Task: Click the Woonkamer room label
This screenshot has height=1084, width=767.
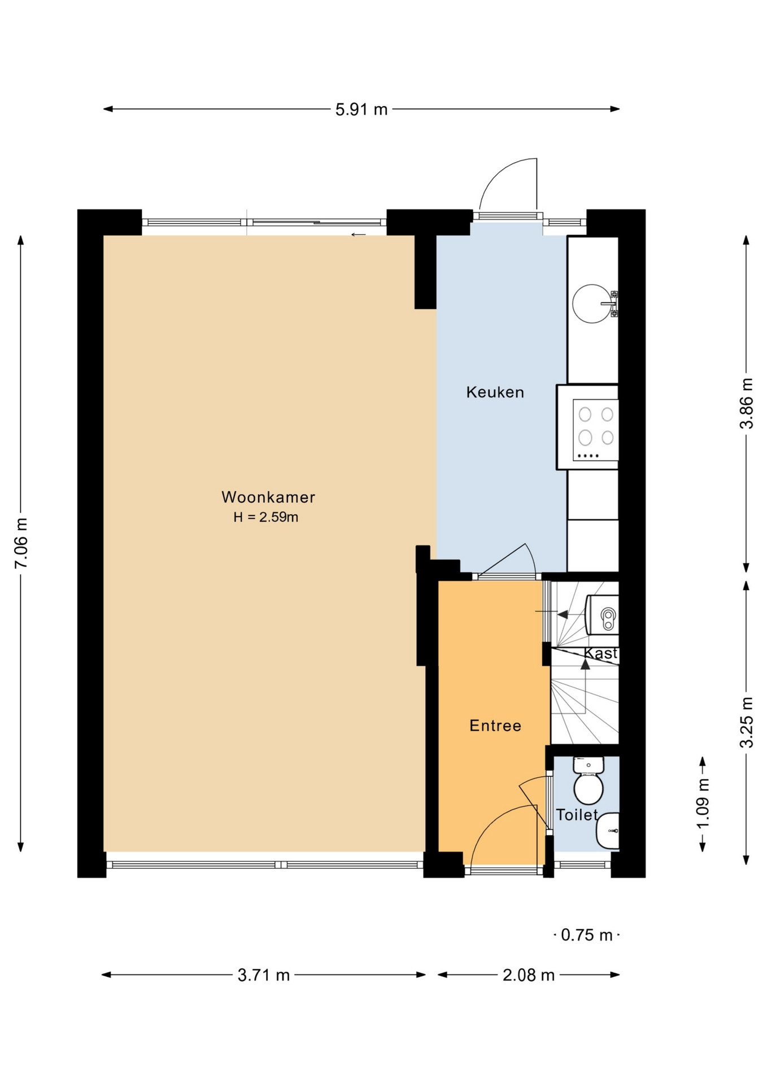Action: (268, 497)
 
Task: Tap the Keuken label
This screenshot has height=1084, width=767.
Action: (495, 392)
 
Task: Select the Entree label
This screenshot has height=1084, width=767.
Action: (495, 725)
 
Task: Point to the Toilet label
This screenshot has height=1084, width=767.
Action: (577, 815)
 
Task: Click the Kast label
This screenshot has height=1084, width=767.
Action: (600, 653)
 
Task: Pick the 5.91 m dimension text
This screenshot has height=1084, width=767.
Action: (361, 110)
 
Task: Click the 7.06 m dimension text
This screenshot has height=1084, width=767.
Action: (21, 543)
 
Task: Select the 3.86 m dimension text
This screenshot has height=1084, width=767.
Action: (747, 403)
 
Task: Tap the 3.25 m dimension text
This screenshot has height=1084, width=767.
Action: (747, 723)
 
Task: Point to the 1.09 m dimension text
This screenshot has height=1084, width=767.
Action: (703, 803)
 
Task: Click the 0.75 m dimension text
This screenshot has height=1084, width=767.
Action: (587, 936)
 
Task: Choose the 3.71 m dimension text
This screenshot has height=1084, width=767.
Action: (264, 975)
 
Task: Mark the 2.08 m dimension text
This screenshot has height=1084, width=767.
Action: (529, 975)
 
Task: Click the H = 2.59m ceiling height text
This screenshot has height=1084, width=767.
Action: (266, 517)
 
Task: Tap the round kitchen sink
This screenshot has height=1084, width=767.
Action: (592, 304)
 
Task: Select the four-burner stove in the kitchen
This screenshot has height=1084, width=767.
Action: (595, 430)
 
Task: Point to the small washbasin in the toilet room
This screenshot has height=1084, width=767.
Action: (608, 831)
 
